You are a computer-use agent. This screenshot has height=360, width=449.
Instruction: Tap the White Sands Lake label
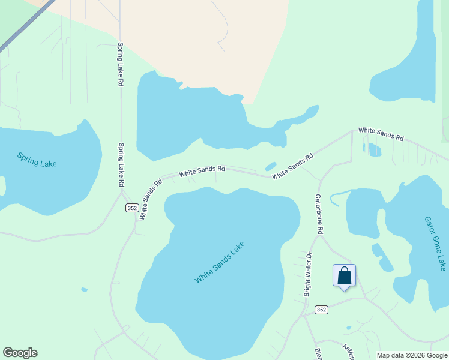point(220,263)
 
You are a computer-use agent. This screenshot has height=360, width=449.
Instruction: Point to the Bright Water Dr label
point(309,274)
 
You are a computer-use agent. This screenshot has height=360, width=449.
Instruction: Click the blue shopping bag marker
point(344,277)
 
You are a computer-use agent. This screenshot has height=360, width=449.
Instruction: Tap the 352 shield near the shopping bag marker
point(321,310)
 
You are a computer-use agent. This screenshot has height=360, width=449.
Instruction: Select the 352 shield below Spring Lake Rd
point(133,208)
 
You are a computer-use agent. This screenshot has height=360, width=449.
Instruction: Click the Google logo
point(20,353)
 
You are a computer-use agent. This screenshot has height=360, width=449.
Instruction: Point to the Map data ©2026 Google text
point(411,355)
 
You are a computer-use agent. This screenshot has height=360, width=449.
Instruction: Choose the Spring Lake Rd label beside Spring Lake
point(121,164)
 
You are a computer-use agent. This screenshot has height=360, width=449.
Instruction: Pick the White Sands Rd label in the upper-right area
point(381,133)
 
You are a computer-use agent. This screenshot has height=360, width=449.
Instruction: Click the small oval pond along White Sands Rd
point(271,166)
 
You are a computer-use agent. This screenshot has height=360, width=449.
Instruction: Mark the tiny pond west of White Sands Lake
point(84,289)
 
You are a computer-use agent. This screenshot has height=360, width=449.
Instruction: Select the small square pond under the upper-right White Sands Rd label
point(375,150)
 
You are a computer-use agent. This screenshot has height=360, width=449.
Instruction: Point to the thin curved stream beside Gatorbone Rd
point(337,195)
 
